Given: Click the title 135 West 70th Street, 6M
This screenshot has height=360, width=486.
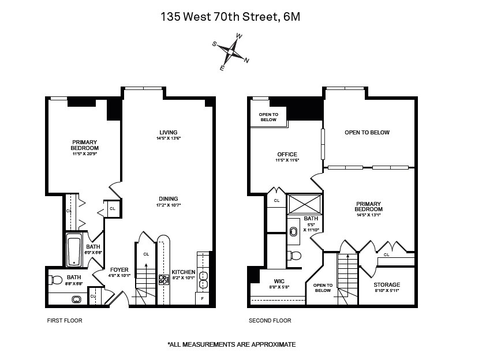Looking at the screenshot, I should tap(230, 17).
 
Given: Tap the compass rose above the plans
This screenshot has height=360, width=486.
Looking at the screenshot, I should tap(230, 52).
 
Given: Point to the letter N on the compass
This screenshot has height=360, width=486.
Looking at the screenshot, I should tap(246, 60).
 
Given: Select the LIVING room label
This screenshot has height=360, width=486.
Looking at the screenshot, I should tap(169, 133).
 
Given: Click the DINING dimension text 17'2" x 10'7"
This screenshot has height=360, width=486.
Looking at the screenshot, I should tap(169, 205).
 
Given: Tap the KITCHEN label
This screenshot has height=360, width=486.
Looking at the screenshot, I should tap(184, 272).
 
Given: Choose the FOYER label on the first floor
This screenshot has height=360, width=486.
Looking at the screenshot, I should tap(119, 270).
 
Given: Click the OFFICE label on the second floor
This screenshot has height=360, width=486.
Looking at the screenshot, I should tap(287, 154).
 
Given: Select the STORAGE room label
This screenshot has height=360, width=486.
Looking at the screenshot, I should tap(386, 285).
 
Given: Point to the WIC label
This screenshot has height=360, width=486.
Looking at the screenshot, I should tap(279, 281).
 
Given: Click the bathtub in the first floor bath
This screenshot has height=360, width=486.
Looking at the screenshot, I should tap(73, 250).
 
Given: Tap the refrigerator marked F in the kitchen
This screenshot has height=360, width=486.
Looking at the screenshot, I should tap(203, 299).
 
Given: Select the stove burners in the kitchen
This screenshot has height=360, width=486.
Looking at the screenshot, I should tap(163, 280).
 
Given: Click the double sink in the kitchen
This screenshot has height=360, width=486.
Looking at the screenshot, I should tap(203, 279).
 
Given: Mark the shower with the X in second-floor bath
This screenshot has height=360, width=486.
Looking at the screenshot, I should tap(304, 204).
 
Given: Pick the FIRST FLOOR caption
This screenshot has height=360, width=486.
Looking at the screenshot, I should tap(64, 320).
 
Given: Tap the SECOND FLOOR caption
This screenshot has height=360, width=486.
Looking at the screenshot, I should tap(270, 320).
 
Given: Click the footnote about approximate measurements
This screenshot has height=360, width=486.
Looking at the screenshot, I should tap(231, 344).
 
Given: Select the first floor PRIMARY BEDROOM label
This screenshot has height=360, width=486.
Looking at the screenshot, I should tap(85, 145).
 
